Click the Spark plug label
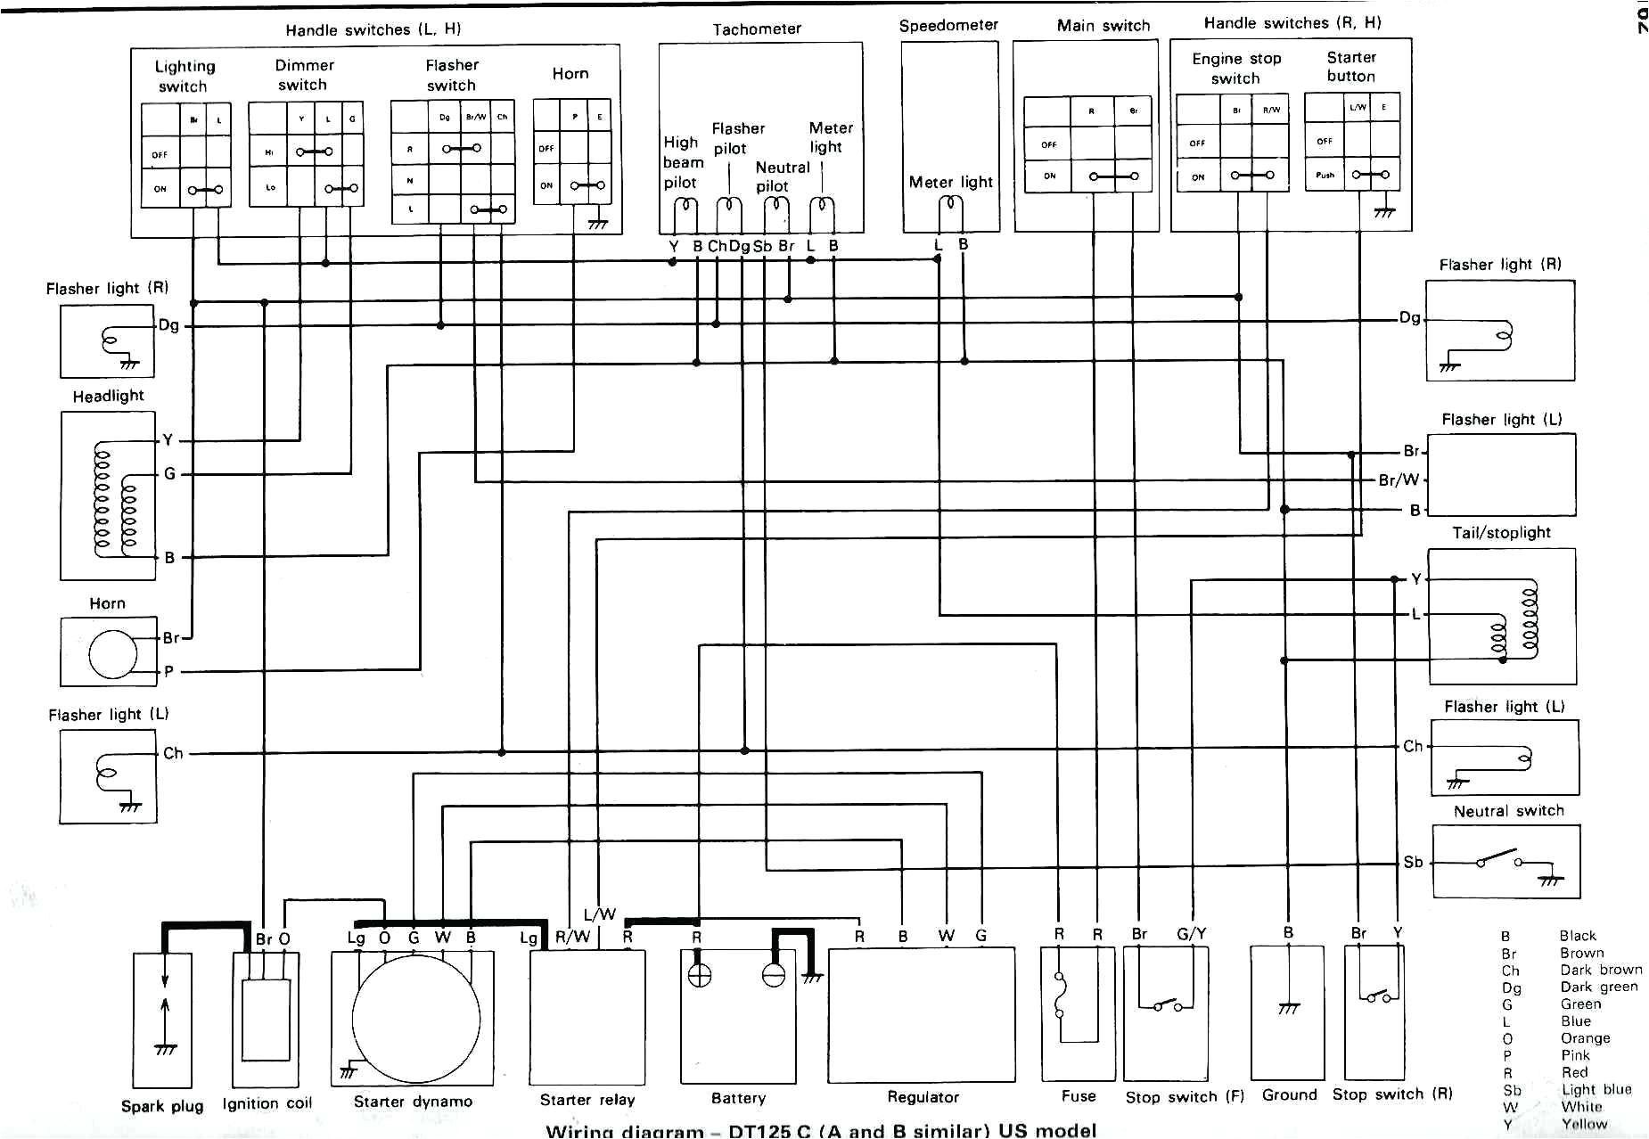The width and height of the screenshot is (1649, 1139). [162, 1106]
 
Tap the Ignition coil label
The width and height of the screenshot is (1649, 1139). [267, 1103]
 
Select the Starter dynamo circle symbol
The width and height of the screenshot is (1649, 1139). [415, 1018]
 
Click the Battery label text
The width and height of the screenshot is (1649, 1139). [738, 1098]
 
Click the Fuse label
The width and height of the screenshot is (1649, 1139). [1079, 1096]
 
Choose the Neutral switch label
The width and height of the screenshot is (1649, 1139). [1508, 811]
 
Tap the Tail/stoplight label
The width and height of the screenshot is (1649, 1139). [1501, 533]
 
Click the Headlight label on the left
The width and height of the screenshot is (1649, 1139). [108, 396]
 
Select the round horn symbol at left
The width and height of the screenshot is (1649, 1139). [113, 654]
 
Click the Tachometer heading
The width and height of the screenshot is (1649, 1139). [757, 29]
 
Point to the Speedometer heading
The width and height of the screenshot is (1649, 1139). [948, 26]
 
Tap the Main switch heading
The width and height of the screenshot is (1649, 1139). [1103, 26]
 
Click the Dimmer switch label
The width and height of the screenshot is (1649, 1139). [304, 75]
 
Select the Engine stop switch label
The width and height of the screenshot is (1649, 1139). [1236, 69]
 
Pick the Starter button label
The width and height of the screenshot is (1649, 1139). [1350, 67]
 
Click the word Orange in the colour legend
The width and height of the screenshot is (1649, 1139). [1585, 1038]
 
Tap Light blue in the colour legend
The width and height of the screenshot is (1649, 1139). [1596, 1089]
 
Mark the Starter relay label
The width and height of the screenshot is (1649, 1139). [587, 1100]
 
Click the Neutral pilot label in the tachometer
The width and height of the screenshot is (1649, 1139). [782, 176]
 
